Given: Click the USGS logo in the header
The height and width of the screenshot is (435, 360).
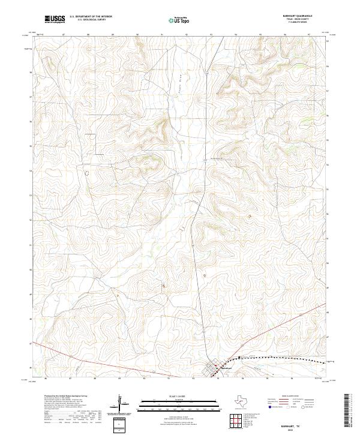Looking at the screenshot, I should click(x=55, y=20).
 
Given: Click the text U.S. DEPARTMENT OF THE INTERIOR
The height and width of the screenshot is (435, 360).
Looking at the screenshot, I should click(x=91, y=17).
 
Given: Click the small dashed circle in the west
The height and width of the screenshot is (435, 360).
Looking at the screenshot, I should click(x=85, y=173).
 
